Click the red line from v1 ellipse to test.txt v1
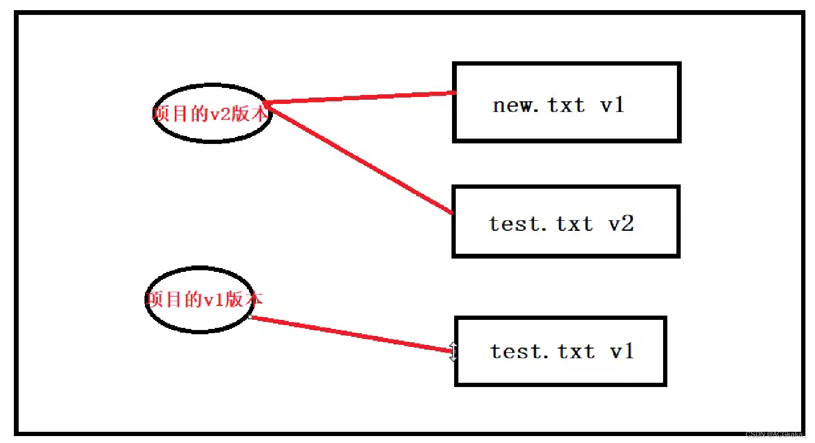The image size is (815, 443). click(x=352, y=334)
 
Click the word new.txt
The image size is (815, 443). click(x=538, y=105)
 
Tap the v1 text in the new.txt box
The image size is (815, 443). click(x=612, y=105)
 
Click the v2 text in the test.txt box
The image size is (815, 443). click(x=621, y=224)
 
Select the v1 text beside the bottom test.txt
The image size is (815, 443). click(x=622, y=352)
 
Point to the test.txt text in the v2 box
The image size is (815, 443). click(x=541, y=224)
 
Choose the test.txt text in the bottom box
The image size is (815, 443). click(x=543, y=352)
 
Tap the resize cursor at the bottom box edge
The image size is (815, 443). click(x=453, y=352)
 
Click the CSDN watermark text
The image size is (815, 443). click(x=776, y=434)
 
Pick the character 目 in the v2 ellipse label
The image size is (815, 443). click(x=180, y=114)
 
